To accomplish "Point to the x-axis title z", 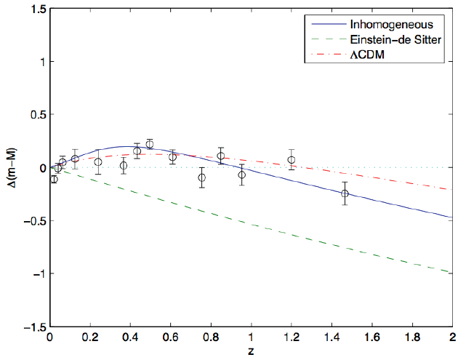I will [251, 352].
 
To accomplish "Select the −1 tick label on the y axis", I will [36, 274].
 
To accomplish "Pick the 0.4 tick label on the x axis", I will [130, 337].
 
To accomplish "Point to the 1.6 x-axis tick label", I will [371, 337].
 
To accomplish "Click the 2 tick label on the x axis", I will [452, 337].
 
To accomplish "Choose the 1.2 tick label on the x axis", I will [291, 337].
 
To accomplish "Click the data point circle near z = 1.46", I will [345, 193].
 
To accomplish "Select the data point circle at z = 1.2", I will [291, 160].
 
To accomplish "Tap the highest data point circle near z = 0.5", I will [150, 144].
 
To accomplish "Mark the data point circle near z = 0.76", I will [202, 177].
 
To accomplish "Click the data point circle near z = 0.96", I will [242, 175].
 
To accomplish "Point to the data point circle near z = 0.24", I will [98, 162].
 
